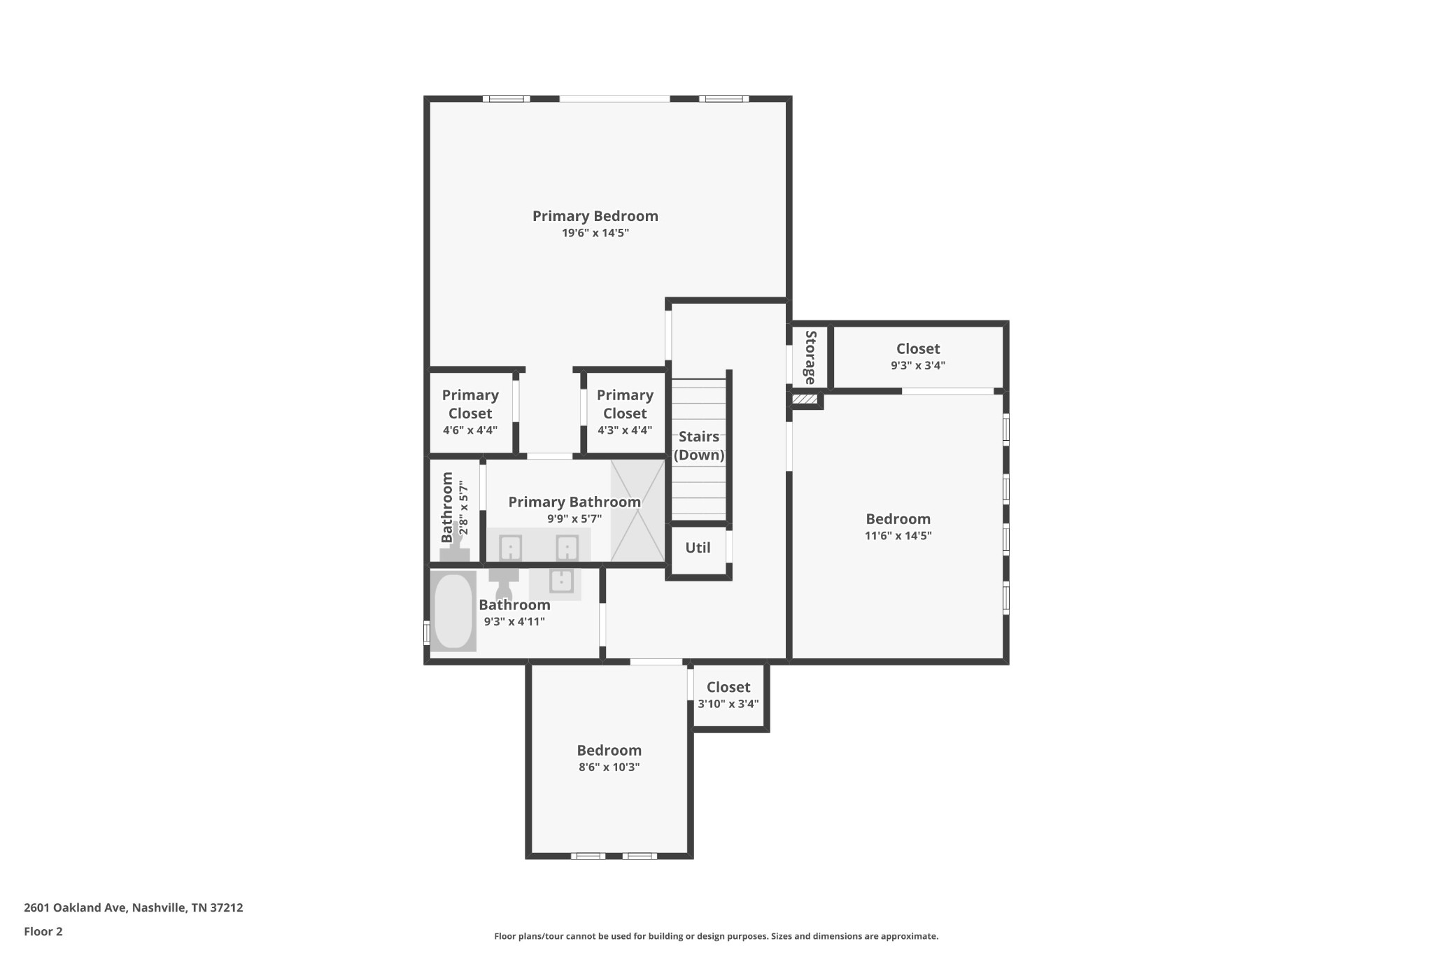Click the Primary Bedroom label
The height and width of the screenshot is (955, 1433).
click(595, 216)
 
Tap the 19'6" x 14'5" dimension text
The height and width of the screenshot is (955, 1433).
click(595, 233)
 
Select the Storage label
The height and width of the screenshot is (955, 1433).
click(810, 358)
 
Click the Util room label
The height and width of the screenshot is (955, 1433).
click(698, 548)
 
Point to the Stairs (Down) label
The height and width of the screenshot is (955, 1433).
click(699, 446)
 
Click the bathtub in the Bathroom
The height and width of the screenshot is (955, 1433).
click(453, 611)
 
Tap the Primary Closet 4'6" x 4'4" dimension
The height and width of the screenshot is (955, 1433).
click(470, 430)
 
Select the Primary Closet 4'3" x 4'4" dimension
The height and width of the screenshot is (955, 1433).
click(625, 430)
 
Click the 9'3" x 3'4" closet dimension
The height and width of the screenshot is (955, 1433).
click(918, 365)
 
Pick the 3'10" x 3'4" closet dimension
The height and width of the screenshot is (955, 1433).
click(728, 704)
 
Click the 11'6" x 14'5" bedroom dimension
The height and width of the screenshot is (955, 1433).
click(898, 536)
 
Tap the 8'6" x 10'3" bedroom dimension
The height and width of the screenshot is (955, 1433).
click(609, 767)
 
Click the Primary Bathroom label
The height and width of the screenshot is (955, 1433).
click(574, 502)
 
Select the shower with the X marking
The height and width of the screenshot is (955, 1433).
click(637, 511)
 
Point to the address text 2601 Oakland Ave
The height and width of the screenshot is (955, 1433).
click(76, 908)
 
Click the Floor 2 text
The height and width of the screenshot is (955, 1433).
click(43, 931)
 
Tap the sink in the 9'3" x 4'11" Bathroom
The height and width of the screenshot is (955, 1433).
click(561, 581)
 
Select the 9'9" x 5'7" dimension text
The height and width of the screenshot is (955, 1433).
click(574, 519)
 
